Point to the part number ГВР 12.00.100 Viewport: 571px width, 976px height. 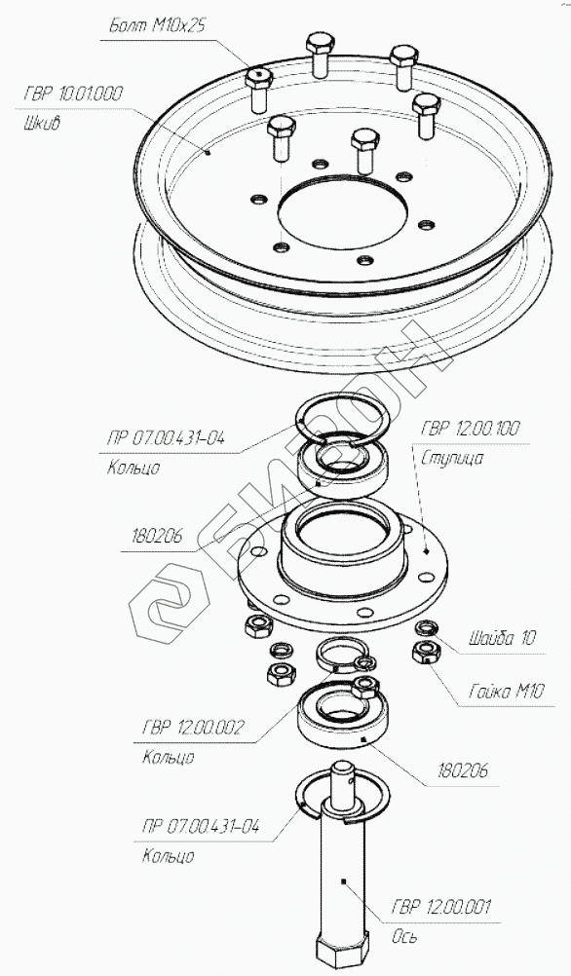pos(471,429)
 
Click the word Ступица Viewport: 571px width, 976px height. pos(452,459)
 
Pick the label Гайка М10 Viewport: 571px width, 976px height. pos(506,692)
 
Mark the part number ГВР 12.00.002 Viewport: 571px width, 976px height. pos(193,727)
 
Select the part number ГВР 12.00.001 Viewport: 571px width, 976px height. pos(440,906)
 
